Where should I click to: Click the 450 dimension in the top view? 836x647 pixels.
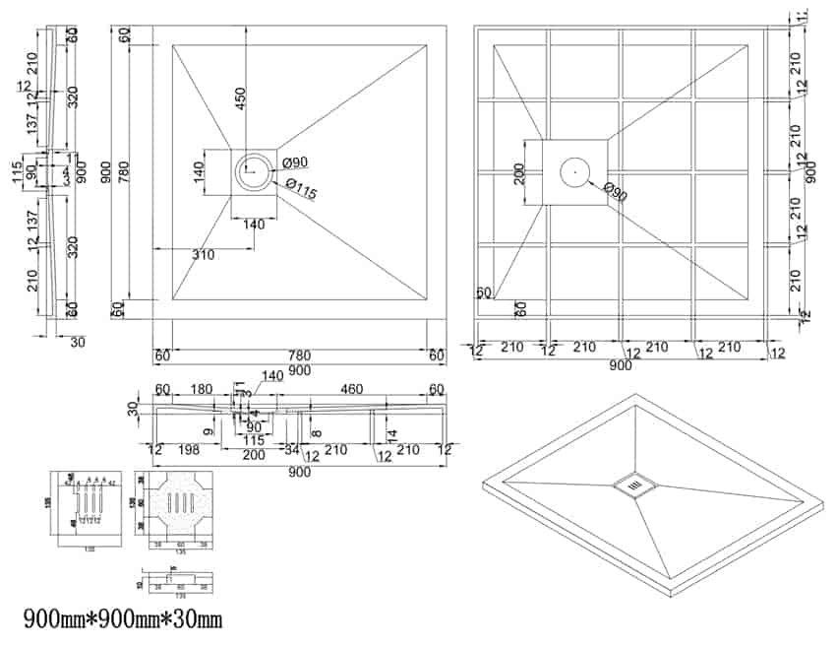[x=240, y=100]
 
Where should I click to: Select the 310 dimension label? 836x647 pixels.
[x=204, y=255]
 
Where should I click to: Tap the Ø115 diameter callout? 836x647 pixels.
[x=301, y=189]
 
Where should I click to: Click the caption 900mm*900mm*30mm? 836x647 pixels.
[x=123, y=619]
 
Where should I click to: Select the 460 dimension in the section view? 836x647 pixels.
[x=350, y=390]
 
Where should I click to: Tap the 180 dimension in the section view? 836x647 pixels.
[x=202, y=390]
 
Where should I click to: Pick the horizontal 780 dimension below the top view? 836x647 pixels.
[x=299, y=355]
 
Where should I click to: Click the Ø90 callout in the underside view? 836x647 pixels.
[x=616, y=191]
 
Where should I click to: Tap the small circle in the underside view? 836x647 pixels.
[x=573, y=171]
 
